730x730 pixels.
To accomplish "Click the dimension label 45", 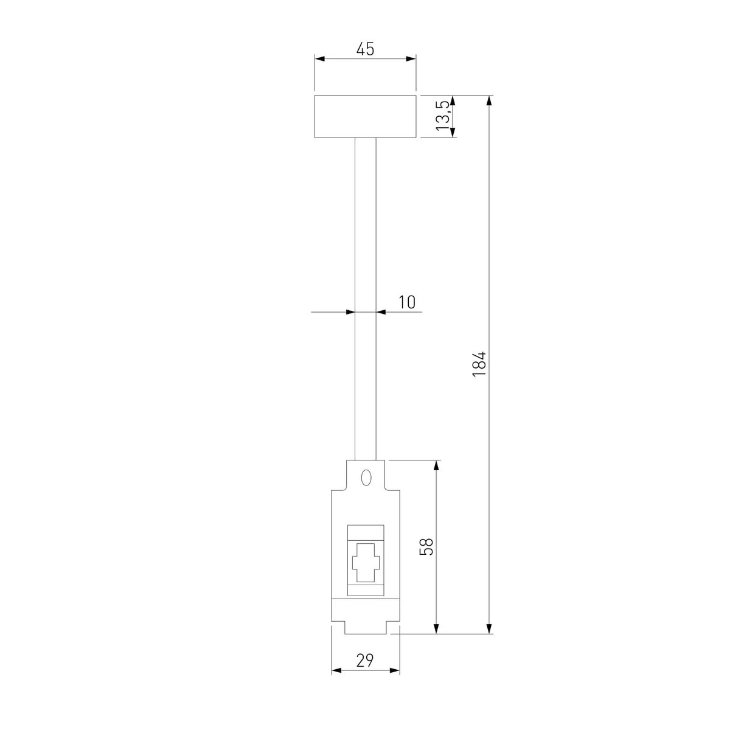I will [365, 49].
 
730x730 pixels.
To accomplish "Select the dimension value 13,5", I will [443, 116].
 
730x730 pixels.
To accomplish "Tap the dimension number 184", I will [480, 364].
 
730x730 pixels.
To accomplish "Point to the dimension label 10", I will [407, 302].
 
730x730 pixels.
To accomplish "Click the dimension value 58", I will [426, 546].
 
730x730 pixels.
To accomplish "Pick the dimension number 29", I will [365, 660].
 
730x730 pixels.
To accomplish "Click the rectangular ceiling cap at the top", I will [365, 116].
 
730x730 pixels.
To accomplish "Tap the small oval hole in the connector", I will [366, 478].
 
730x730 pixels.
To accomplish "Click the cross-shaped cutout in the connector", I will [365, 559].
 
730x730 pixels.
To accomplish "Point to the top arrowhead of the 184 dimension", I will [490, 100].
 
